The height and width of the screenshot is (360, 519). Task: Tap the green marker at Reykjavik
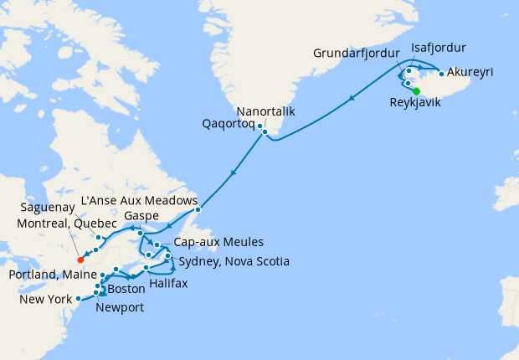[417, 91]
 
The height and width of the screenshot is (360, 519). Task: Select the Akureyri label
[470, 73]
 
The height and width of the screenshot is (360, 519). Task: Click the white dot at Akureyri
[441, 74]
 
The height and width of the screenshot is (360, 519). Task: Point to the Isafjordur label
[439, 47]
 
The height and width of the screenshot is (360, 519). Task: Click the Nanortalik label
[265, 111]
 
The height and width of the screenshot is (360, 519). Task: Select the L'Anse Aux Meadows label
[139, 201]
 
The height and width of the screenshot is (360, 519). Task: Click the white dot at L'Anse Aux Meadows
[198, 209]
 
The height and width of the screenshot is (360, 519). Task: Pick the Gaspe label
[141, 216]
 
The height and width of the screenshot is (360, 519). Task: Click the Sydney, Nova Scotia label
[234, 263]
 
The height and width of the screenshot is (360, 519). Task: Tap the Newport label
[121, 307]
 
